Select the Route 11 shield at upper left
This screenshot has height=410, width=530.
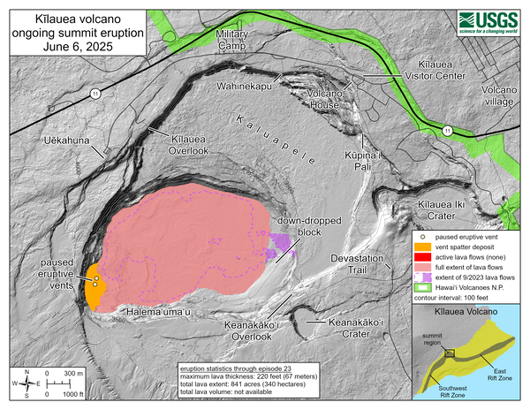coord(102,93)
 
